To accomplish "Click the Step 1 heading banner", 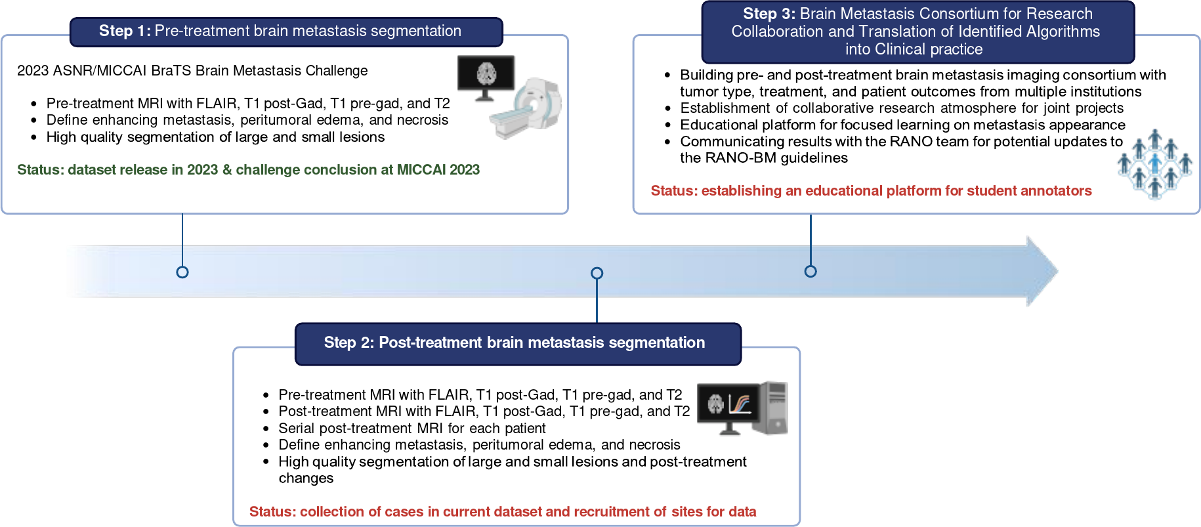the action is [286, 32].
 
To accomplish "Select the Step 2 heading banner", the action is [518, 343].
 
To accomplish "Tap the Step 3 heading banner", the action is [917, 32].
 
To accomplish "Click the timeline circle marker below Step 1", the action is [182, 272].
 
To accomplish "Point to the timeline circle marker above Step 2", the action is [597, 273].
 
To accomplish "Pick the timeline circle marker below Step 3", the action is [811, 271].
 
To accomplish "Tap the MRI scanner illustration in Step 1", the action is [526, 108].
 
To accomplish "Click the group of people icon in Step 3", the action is [1155, 164].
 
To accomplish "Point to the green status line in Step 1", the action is [248, 170].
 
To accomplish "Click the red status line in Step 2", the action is [503, 512].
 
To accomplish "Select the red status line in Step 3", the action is [871, 191].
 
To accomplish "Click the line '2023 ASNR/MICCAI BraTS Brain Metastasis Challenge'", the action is [192, 71].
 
